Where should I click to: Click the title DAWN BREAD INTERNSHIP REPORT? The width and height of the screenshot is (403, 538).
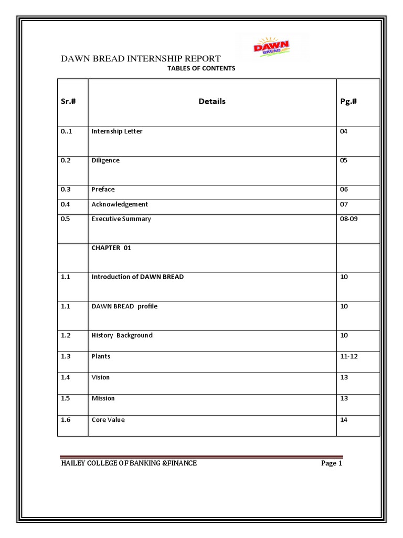point(141,58)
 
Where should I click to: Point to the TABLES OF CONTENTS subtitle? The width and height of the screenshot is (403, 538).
point(201,69)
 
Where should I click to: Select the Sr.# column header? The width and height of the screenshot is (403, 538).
point(68,101)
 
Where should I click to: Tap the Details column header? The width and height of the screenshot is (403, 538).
point(212,101)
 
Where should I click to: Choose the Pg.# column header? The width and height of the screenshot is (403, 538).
point(348,101)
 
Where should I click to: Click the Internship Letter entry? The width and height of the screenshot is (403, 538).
point(117,131)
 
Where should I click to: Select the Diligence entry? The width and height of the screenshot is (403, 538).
point(105,161)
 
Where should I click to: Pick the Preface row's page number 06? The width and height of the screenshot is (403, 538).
point(344,190)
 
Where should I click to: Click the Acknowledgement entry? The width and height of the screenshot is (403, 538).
point(120,204)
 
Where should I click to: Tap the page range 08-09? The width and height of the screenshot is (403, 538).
point(349,219)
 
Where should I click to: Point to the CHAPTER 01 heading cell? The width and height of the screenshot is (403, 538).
point(111,248)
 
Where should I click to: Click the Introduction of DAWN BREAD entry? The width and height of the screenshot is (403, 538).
point(137,277)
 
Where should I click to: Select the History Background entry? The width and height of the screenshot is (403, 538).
point(122,335)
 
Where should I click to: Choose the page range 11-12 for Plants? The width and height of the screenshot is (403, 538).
point(349,356)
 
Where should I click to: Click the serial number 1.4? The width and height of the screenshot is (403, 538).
point(66,377)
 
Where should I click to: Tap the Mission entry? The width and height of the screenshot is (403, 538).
point(103,398)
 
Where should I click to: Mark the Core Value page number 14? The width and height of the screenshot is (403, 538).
point(344,420)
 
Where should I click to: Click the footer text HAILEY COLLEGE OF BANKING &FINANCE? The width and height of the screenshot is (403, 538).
point(129,463)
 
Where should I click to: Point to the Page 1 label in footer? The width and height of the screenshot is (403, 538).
point(332,463)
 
